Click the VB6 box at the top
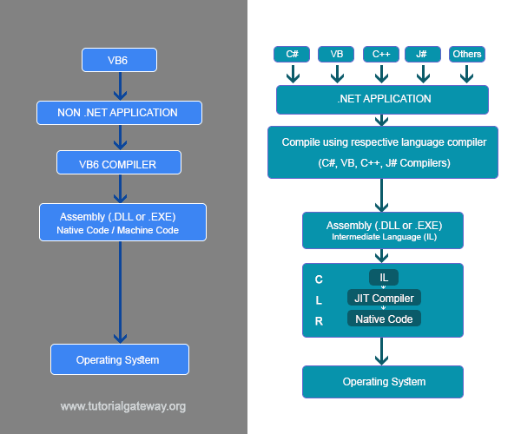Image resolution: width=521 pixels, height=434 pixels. [119, 60]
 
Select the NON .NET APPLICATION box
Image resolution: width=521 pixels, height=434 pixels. [119, 112]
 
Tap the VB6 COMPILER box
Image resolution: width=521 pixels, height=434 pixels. [119, 162]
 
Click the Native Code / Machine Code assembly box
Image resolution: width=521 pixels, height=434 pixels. [122, 223]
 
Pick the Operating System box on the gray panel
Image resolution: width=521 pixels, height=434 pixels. [119, 359]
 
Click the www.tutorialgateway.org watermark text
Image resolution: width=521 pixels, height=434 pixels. [122, 406]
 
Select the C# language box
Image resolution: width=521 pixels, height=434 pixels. [293, 54]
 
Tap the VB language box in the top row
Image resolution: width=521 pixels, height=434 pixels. [336, 54]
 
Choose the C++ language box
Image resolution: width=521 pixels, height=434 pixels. [381, 54]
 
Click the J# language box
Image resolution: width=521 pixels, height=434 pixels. [422, 54]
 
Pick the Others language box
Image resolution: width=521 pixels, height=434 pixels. [466, 54]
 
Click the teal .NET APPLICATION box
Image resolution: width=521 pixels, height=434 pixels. [383, 99]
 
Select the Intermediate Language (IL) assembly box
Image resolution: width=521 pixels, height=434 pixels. [383, 229]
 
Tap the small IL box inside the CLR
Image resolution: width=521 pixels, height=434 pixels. [383, 278]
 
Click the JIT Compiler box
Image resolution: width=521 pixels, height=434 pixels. [384, 298]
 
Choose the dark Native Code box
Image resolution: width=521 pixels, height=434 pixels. [384, 319]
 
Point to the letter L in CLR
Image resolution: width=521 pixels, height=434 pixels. [319, 299]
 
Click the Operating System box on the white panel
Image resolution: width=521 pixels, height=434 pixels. [383, 381]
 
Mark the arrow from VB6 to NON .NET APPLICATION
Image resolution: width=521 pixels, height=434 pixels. [119, 86]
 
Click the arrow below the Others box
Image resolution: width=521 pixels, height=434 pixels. [466, 74]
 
